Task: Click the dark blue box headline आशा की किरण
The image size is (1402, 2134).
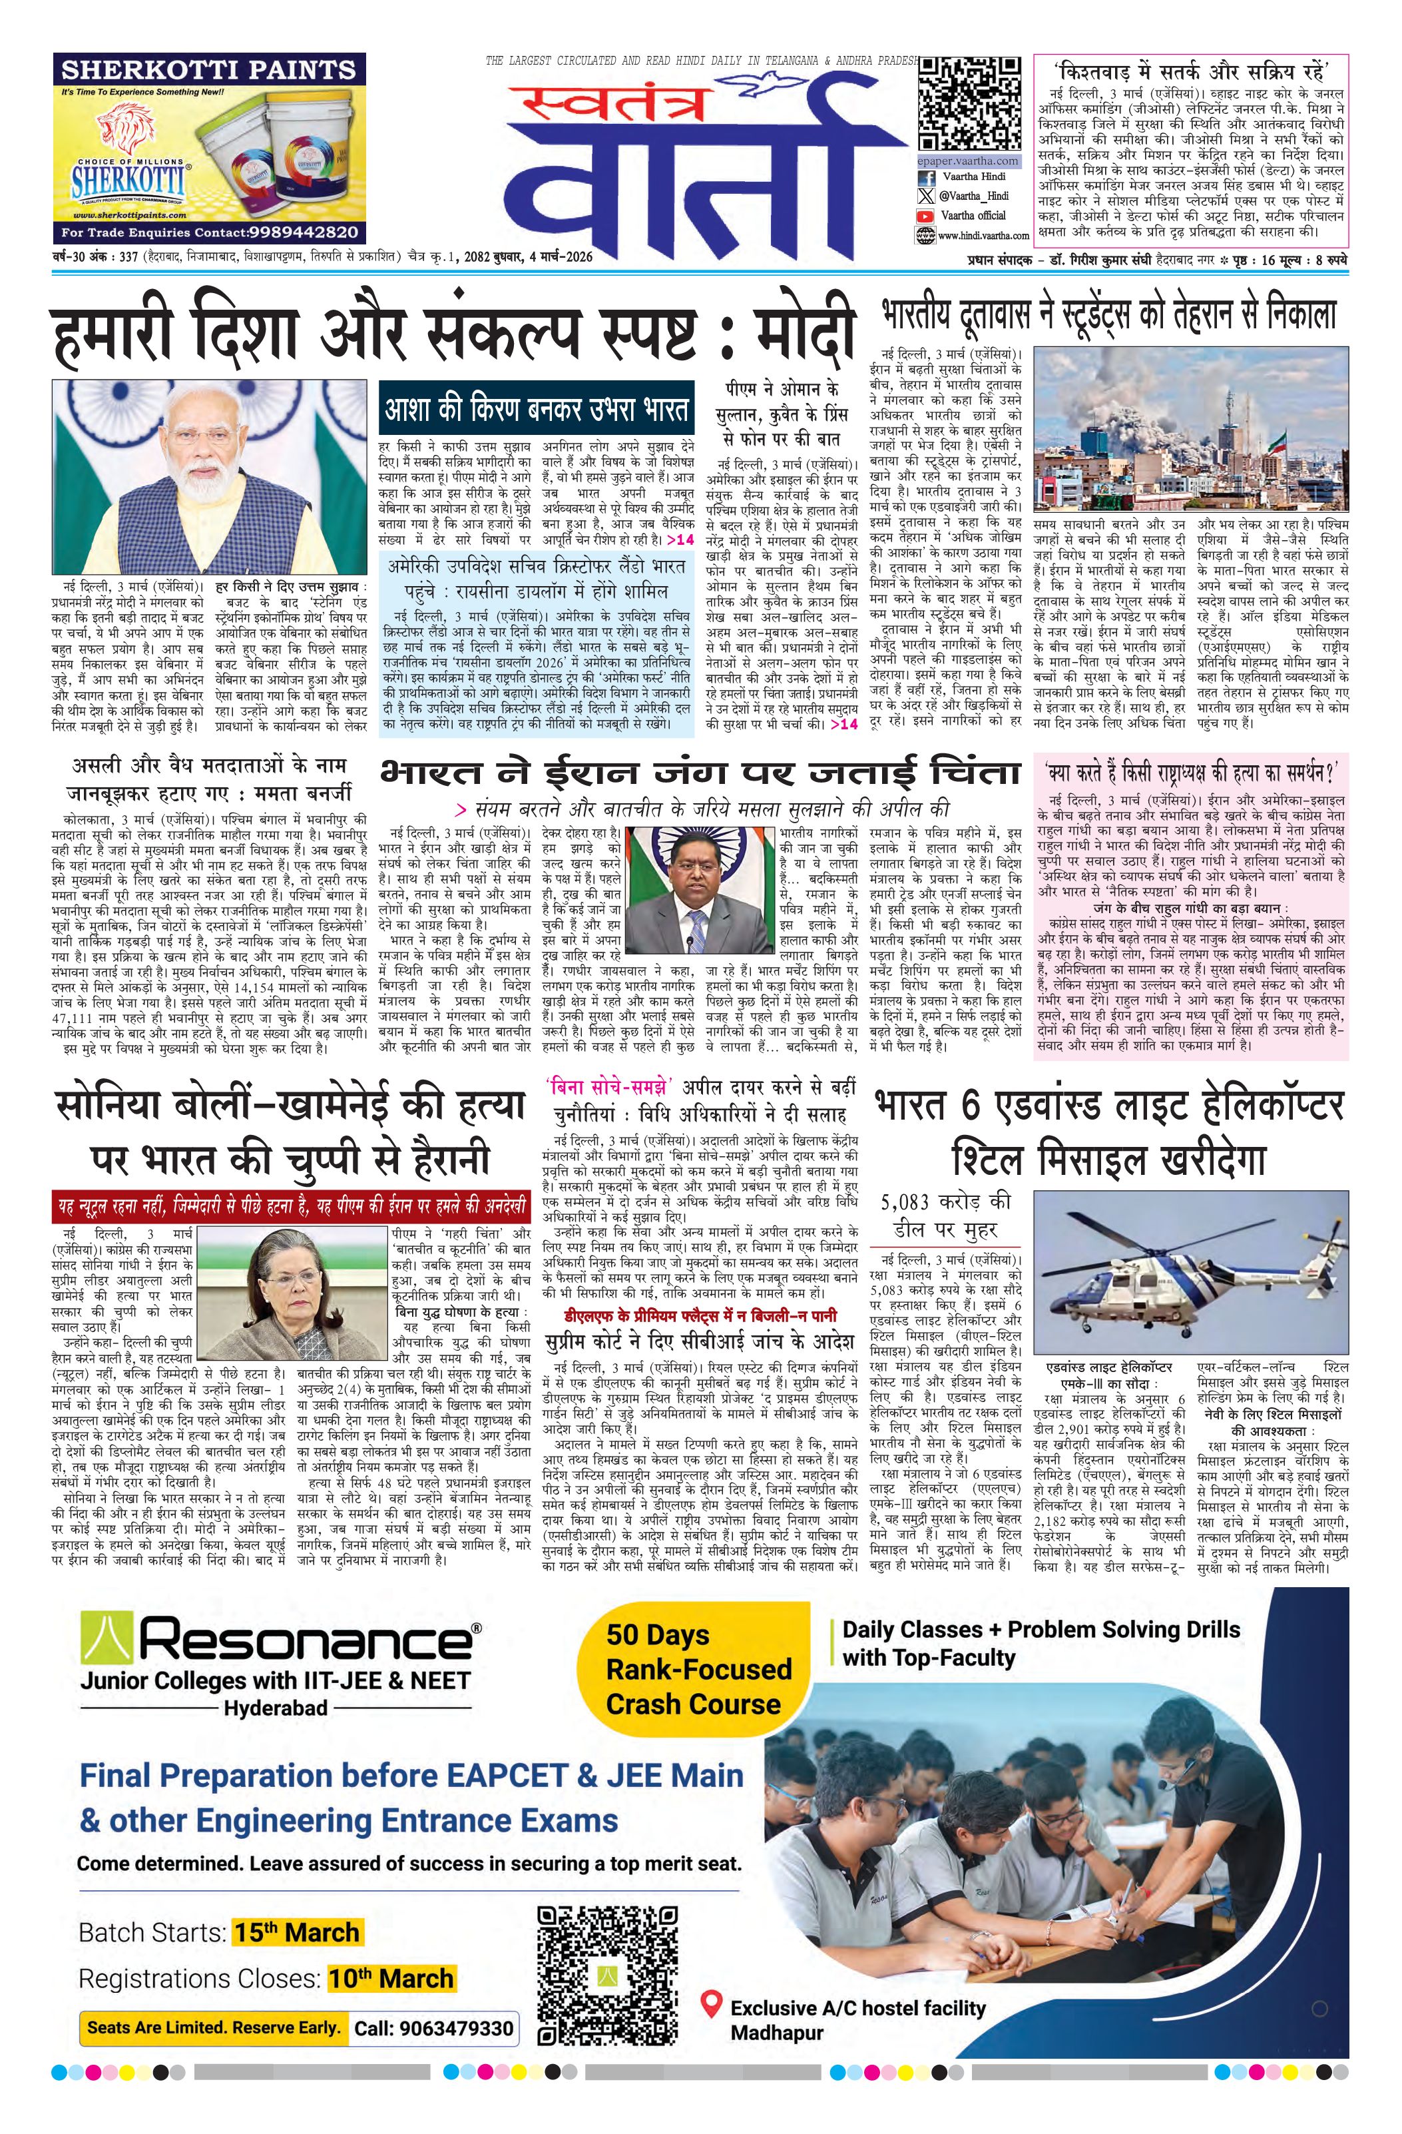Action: click(536, 409)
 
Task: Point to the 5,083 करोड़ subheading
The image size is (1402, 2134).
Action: click(947, 1215)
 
